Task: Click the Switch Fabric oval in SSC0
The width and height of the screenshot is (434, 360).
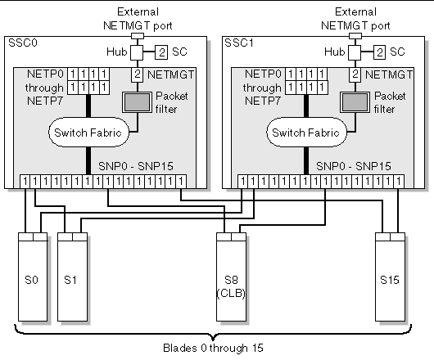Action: click(x=86, y=132)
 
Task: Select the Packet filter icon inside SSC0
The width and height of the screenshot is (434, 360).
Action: click(x=136, y=101)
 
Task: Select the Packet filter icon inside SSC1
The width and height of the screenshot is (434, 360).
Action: click(x=354, y=101)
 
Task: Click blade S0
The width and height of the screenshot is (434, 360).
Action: click(x=31, y=277)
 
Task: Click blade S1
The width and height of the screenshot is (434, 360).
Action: click(x=72, y=277)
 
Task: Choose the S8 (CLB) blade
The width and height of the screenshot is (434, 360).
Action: click(x=230, y=277)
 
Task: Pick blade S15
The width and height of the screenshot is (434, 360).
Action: click(x=389, y=277)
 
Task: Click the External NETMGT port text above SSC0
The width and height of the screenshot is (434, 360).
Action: click(x=138, y=18)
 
